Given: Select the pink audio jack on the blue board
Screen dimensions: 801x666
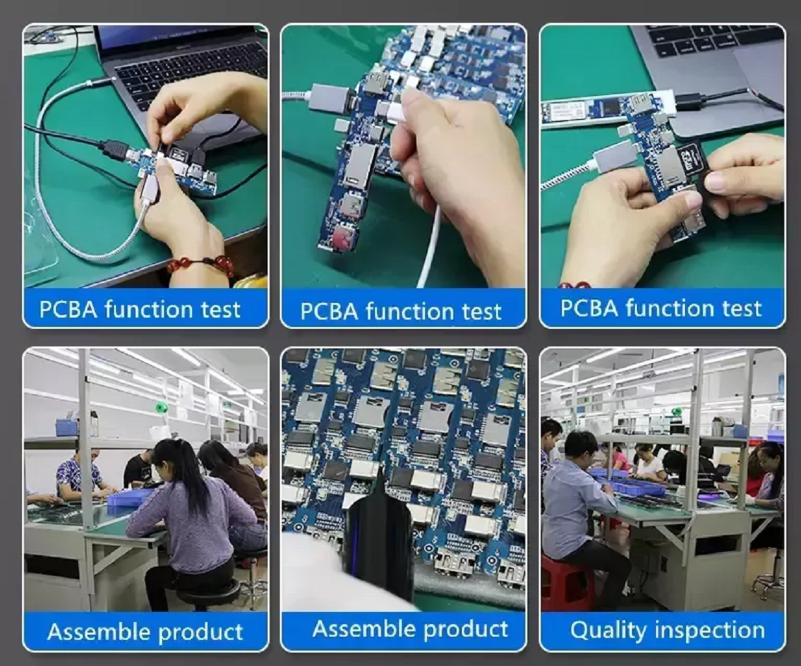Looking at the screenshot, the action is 342,238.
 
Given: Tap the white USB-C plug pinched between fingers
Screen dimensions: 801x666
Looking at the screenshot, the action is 399,109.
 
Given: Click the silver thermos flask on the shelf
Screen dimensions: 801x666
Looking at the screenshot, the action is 716,426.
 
